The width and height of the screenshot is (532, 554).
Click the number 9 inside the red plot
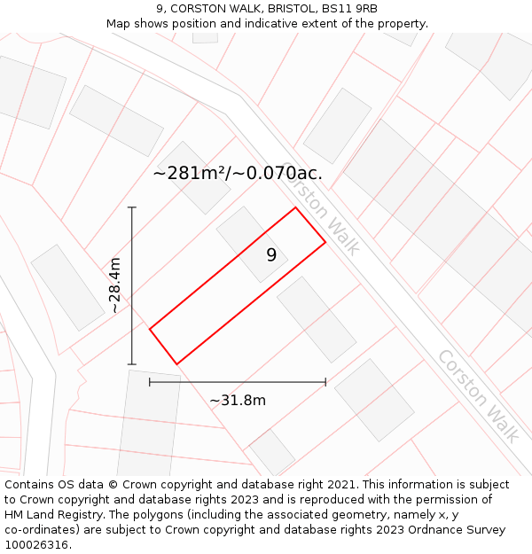[x=271, y=255]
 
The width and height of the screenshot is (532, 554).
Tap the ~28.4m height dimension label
[x=114, y=285]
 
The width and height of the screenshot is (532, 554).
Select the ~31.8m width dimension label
[x=238, y=400]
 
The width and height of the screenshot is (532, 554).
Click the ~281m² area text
[x=189, y=174]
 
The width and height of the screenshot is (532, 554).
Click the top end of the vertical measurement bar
[x=132, y=207]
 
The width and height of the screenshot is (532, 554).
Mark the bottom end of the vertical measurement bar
[x=132, y=364]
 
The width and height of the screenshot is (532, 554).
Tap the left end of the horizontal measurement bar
[x=150, y=382]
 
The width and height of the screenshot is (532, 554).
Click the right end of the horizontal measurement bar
[x=325, y=382]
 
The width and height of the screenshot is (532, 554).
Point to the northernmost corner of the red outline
[x=295, y=207]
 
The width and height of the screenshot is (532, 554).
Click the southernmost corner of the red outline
[x=177, y=363]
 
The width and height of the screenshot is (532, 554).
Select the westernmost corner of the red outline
[x=150, y=329]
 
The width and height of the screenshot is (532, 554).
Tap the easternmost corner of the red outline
[x=325, y=241]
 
